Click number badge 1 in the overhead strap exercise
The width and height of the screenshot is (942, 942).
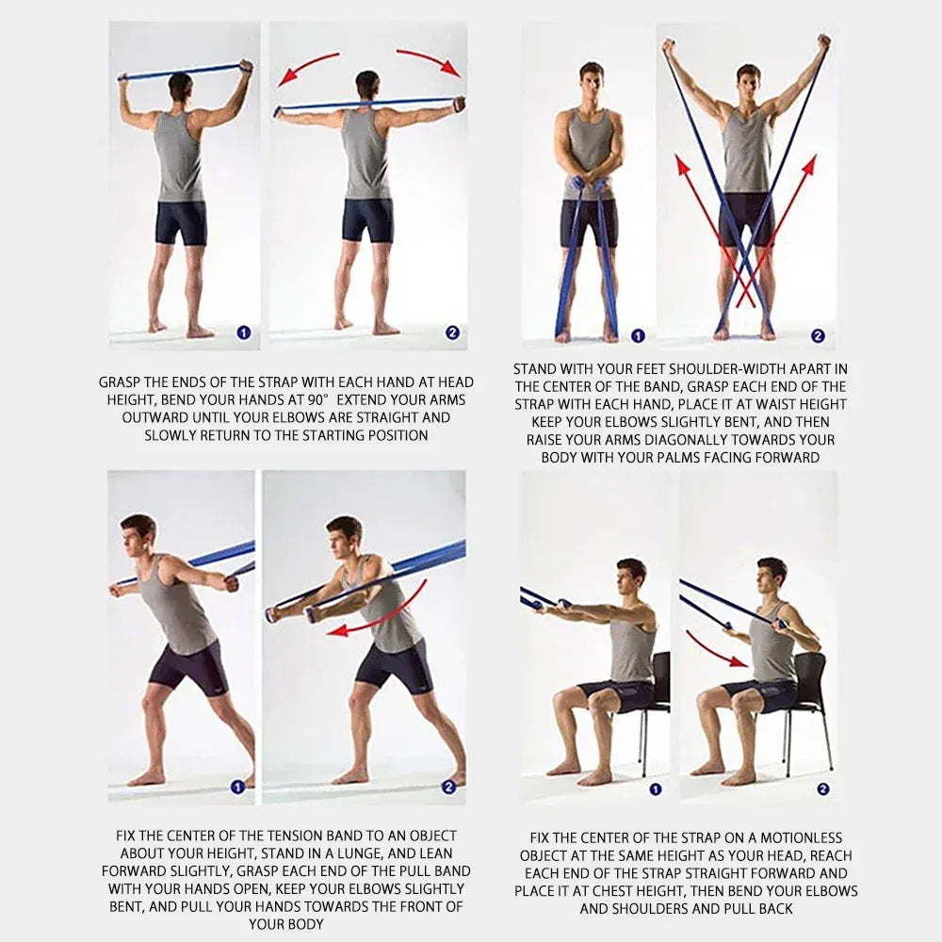point(243,333)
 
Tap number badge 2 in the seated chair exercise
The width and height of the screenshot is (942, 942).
point(823,788)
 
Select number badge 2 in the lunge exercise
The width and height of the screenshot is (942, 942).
point(448,787)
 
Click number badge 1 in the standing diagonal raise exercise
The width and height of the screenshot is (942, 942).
point(638,336)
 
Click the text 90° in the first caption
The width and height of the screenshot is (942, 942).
point(318,399)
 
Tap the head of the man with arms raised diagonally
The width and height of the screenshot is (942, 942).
point(747,83)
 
